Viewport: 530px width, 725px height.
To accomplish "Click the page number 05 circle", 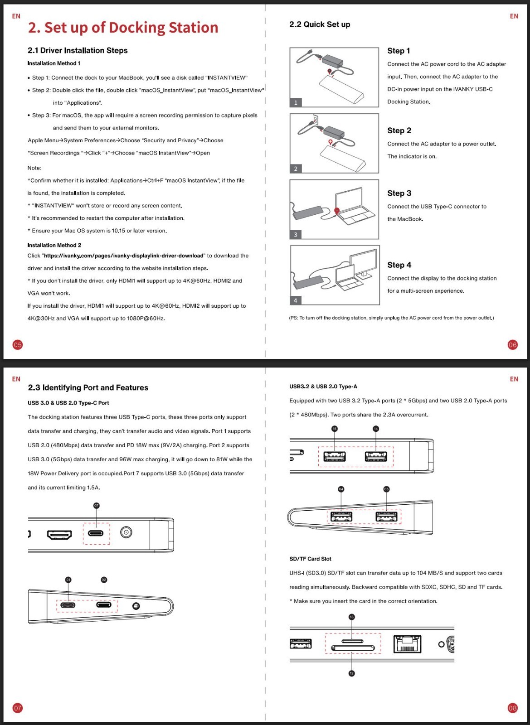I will click(x=17, y=345).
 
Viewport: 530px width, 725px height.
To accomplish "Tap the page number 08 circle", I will click(x=512, y=708).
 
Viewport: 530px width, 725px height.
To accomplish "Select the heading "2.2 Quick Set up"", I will click(x=320, y=24).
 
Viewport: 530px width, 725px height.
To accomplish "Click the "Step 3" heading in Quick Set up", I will click(x=399, y=193).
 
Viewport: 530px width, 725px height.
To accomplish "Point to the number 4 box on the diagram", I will click(x=296, y=300).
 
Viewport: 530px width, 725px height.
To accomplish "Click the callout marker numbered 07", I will click(x=96, y=506).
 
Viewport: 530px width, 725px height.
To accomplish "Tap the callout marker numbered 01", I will click(x=68, y=580).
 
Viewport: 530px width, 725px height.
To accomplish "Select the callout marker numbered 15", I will click(x=335, y=429).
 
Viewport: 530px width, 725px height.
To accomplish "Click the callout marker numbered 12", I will click(x=352, y=673).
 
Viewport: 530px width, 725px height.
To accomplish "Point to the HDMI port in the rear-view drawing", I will click(x=59, y=535).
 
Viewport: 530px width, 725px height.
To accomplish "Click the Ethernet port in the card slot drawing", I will click(x=407, y=644).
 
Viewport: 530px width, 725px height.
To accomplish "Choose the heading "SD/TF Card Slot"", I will click(x=310, y=559).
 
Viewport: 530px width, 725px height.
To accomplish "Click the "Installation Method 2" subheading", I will click(x=54, y=246).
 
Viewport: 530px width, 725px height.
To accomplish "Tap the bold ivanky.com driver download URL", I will click(x=123, y=256).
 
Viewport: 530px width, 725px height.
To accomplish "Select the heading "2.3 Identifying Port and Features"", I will click(x=88, y=388).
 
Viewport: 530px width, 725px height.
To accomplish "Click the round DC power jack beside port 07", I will click(x=126, y=532).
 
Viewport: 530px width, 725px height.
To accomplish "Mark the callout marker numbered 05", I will click(x=386, y=489).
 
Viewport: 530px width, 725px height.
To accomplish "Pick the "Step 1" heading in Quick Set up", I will click(x=399, y=51).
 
